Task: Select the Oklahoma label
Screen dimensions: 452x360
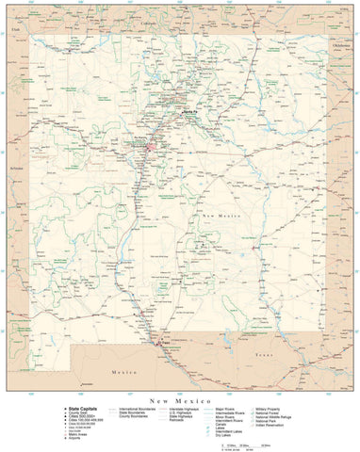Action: click(341, 44)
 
